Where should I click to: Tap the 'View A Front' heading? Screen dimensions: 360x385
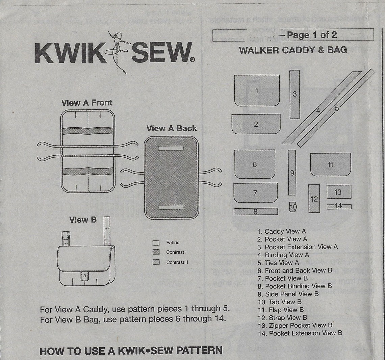pos(87,103)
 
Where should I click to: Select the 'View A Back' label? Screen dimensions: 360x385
pos(171,128)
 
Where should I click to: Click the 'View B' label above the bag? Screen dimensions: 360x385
pos(83,220)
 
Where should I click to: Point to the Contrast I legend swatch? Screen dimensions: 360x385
pos(156,252)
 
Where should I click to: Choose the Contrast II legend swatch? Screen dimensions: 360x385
pos(156,262)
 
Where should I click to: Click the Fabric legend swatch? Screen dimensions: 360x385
pos(156,242)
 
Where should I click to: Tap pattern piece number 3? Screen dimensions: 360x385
pos(294,94)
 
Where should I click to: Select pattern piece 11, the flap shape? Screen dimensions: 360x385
pos(330,164)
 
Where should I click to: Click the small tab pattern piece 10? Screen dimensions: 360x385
pos(293,207)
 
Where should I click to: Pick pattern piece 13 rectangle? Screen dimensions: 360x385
pos(339,192)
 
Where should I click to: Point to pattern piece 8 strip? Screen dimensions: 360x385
pos(256,212)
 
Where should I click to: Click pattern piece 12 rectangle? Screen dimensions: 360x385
pos(314,199)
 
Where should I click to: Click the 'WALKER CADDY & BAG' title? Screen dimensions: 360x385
pos(293,50)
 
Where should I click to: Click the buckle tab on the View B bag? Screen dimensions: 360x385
pos(84,276)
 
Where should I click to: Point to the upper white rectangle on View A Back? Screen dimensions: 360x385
pos(171,148)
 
